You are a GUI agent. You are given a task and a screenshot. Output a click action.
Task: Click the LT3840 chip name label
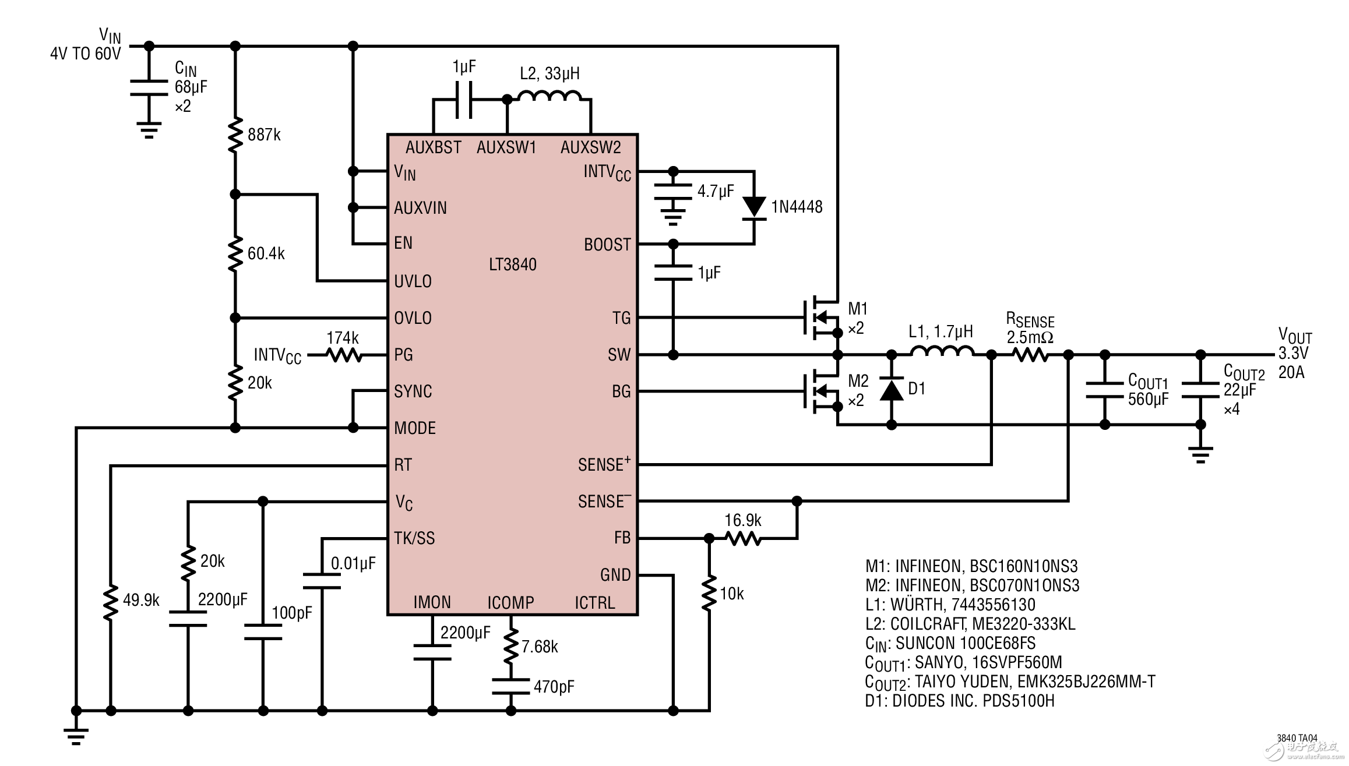point(512,264)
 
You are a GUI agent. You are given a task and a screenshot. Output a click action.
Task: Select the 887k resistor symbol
point(235,135)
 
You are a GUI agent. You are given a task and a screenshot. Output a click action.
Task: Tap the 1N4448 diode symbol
point(754,207)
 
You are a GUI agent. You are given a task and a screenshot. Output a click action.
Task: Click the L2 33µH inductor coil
point(550,97)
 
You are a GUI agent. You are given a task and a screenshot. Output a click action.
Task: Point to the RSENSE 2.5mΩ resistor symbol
point(1030,354)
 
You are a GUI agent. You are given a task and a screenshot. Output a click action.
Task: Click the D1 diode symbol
point(891,389)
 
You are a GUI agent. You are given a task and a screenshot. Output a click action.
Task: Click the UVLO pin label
point(413,281)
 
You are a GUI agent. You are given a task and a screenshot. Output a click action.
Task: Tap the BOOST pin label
point(607,245)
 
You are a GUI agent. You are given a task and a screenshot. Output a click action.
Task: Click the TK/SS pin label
point(414,538)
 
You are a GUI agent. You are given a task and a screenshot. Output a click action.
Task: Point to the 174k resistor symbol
point(344,354)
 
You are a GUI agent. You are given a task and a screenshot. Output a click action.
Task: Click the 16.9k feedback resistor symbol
point(743,539)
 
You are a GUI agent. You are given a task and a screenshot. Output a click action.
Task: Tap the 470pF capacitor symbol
point(510,686)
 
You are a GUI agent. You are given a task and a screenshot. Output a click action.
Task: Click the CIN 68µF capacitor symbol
point(149,87)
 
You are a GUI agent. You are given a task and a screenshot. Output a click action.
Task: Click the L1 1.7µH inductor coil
point(941,351)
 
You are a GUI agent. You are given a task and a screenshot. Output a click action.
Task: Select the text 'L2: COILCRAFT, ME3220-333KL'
point(970,624)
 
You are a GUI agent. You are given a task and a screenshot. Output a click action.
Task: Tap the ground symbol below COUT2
point(1200,454)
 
